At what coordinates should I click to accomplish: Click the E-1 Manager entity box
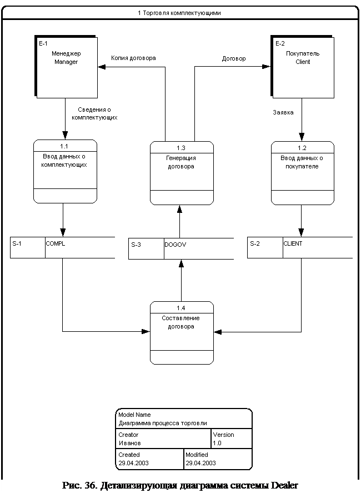coord(66,67)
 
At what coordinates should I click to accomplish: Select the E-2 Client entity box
coord(302,67)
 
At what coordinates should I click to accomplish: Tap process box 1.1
coord(65,171)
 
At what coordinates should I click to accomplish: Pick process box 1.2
coord(303,173)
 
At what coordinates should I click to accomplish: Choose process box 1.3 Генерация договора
coord(182,173)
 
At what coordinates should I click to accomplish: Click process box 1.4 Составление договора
coord(182,332)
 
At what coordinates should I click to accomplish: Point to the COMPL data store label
coord(56,243)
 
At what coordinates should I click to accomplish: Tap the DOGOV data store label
coord(176,245)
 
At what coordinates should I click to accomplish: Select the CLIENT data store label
coord(293,243)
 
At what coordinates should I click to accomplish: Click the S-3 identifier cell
coord(146,248)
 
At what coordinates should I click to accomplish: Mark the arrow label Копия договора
coord(133,58)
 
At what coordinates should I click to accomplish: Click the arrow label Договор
coord(234,58)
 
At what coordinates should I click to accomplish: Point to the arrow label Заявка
coord(283,112)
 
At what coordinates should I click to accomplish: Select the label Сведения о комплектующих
coord(94,113)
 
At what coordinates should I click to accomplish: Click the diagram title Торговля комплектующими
coord(182,13)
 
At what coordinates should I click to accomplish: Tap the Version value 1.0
coord(217,443)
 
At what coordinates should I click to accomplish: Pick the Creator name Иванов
coord(129,443)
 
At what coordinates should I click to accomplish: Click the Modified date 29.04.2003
coord(200,463)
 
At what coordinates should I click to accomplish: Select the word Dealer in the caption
coord(285,485)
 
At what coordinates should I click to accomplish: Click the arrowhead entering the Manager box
coord(102,67)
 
